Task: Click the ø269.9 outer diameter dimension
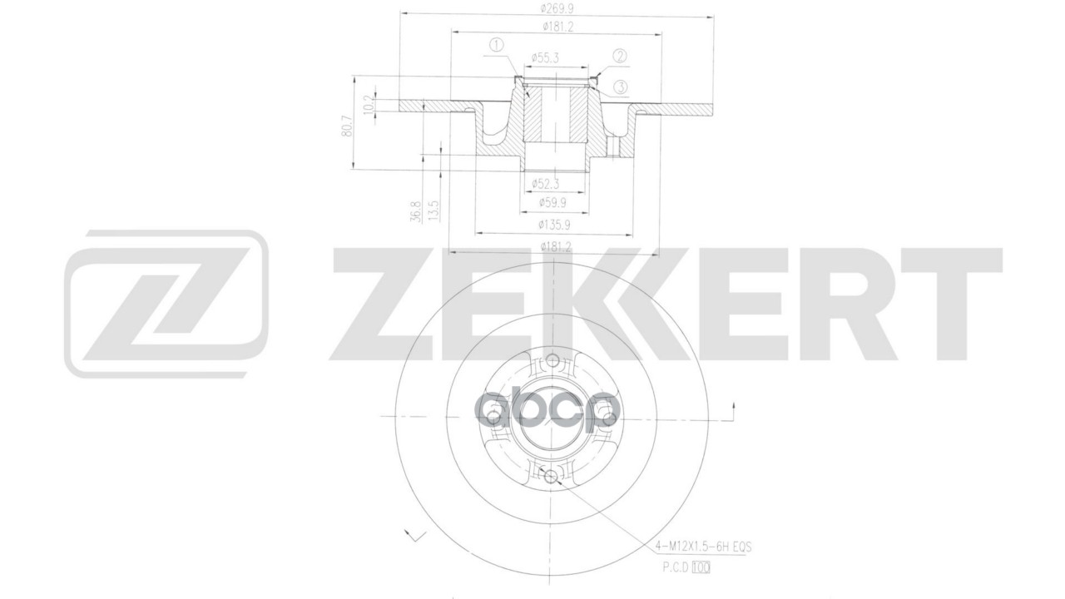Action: coord(555,8)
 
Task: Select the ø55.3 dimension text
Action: coord(546,58)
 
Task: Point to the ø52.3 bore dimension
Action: coord(547,184)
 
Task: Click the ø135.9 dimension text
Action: coord(554,225)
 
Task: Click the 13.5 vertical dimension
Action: coord(433,209)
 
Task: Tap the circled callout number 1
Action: coord(497,44)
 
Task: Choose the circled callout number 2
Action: coord(620,56)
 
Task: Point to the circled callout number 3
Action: coord(620,87)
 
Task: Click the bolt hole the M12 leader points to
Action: coord(550,475)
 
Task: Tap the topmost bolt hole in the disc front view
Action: coord(552,360)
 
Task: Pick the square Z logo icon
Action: coord(166,304)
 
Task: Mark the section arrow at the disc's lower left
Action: coord(410,534)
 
